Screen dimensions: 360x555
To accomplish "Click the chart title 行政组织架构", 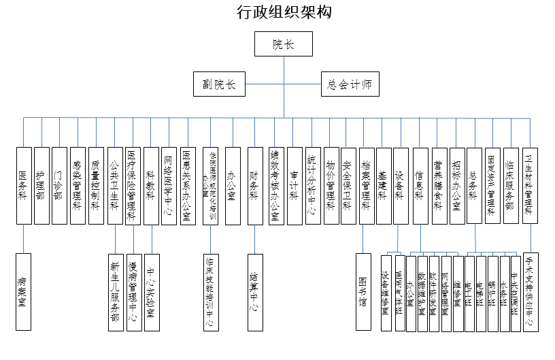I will pos(284,12).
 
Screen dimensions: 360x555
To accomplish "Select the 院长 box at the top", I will pos(283,45).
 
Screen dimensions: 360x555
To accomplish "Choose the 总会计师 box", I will pos(350,84).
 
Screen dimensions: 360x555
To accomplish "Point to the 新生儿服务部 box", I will pos(116,292).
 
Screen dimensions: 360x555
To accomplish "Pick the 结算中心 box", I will pos(254,292).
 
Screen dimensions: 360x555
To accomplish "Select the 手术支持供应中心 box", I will pos(531,292).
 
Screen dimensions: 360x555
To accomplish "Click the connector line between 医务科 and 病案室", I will pos(24,238).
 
